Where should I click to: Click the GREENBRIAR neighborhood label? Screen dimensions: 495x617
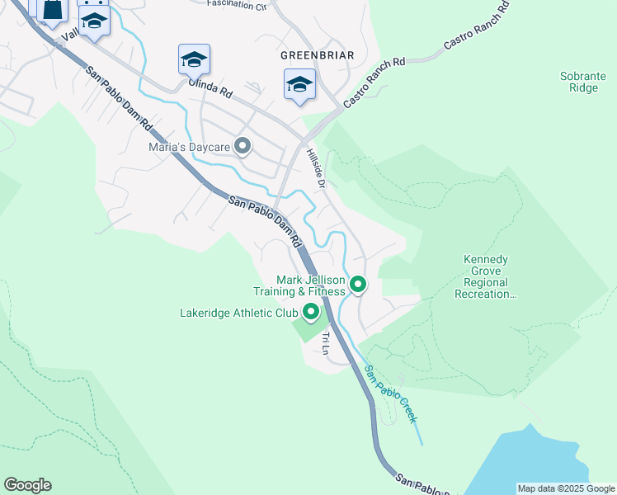pos(317,55)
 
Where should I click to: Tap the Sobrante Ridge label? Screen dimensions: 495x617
pos(583,82)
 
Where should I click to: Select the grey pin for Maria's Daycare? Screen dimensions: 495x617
pos(243,147)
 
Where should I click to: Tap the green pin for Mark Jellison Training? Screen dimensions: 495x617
pos(358,285)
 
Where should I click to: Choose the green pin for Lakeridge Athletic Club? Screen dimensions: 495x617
pos(311,312)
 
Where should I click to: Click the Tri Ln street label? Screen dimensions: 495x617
pos(326,342)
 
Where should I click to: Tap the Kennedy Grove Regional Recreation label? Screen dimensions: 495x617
pos(485,276)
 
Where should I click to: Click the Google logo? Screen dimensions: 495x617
pos(27,485)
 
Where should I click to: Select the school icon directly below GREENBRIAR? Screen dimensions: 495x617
pos(299,84)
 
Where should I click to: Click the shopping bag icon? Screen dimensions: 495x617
pos(51,10)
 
